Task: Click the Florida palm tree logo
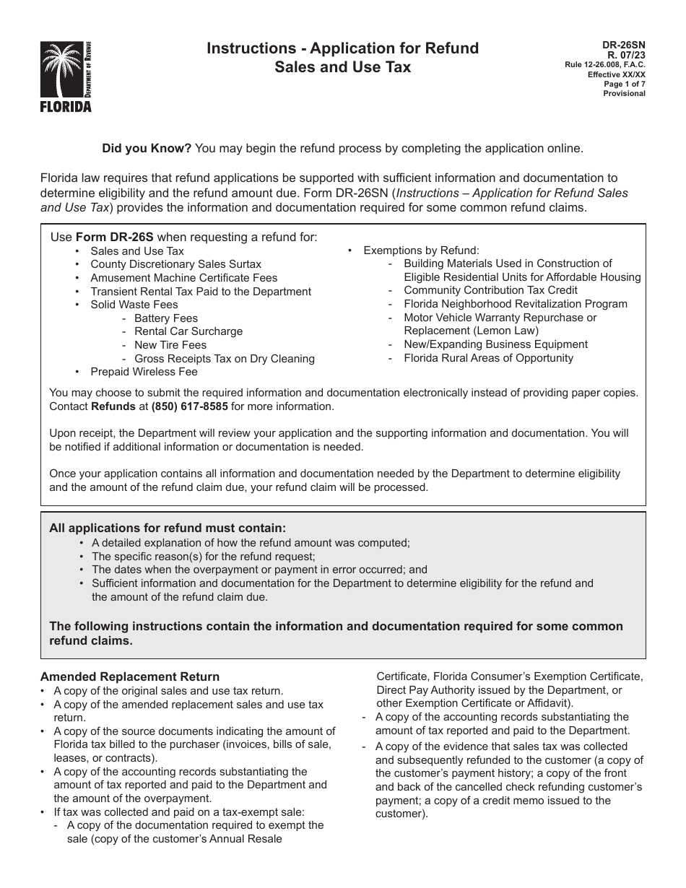tap(66, 77)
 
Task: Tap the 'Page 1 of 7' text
tap(625, 84)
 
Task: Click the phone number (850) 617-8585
tap(189, 406)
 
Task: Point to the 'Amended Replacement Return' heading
tap(130, 676)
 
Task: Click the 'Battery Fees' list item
tap(165, 318)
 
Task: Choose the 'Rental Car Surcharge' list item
tap(188, 331)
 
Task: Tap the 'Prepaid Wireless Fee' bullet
tap(144, 372)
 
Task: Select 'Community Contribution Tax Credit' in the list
tap(490, 290)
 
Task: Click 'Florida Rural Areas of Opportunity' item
tap(488, 358)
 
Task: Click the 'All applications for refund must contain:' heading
tap(168, 528)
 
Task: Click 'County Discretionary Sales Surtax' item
tap(175, 264)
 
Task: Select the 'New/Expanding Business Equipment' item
tap(495, 344)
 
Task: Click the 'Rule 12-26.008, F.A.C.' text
tap(605, 65)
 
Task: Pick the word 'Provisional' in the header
tap(625, 93)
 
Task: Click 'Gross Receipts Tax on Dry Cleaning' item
tap(224, 359)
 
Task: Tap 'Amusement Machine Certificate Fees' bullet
tap(183, 278)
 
